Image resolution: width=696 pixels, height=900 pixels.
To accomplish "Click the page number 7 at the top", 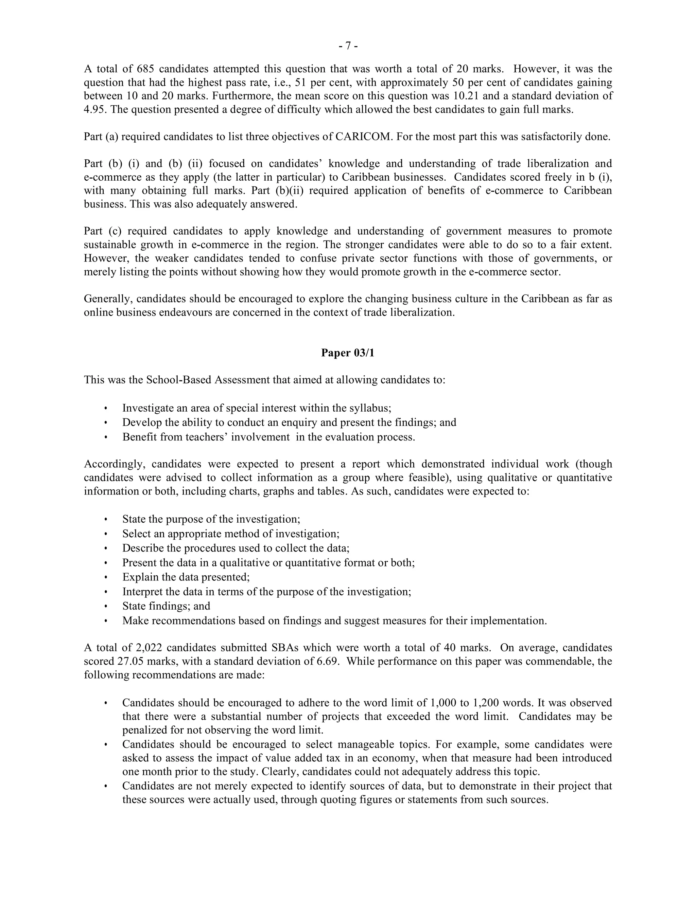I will point(348,46).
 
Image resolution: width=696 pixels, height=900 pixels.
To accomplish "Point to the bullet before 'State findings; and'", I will point(106,606).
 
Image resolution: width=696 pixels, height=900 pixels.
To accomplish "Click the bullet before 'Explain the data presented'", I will point(106,577).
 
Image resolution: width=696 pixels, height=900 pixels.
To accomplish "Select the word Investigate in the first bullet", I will point(147,408).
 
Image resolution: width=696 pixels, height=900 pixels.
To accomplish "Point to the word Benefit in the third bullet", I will point(139,437).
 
